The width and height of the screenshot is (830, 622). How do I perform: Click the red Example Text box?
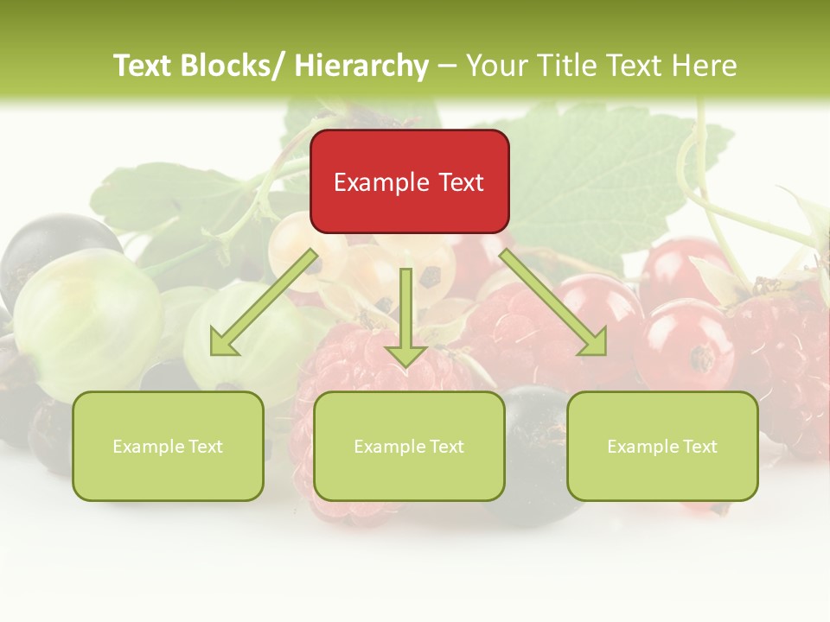(409, 181)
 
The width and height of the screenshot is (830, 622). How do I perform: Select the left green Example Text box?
(168, 446)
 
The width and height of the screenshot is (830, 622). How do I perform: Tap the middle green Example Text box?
(409, 446)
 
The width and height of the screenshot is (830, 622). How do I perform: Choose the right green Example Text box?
(662, 446)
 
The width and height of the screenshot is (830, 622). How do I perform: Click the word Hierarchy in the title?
(361, 66)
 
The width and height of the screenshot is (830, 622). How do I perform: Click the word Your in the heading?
(495, 66)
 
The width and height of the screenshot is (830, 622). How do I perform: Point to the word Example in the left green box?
(148, 446)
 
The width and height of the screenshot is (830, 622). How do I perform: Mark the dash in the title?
(447, 67)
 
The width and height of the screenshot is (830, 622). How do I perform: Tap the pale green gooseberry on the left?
(86, 320)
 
